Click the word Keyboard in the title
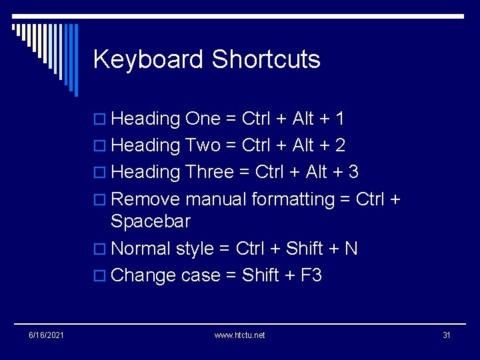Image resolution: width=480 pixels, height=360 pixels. click(149, 60)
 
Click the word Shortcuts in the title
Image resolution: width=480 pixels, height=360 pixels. click(266, 60)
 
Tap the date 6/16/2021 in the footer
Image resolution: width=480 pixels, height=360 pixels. click(47, 335)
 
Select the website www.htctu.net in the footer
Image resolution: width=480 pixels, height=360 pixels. click(239, 335)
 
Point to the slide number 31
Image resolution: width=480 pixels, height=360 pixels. click(447, 335)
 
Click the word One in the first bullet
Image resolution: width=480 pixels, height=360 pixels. click(203, 119)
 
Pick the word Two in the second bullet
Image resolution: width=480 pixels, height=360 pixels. click(204, 145)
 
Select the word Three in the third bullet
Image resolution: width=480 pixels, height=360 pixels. click(211, 172)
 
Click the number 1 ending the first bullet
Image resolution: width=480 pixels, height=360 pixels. click(340, 119)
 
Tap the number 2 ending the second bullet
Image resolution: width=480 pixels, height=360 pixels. click(341, 145)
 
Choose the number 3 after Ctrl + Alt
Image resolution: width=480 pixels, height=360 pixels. click(353, 172)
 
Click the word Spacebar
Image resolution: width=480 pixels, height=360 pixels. click(151, 221)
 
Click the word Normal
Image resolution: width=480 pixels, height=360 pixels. click(141, 249)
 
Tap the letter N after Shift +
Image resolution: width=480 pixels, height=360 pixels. click(351, 249)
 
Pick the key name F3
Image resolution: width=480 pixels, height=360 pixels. click(311, 275)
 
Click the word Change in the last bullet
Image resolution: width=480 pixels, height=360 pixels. click(144, 275)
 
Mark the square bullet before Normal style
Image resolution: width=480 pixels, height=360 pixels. click(101, 249)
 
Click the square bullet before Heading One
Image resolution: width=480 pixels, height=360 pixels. click(101, 119)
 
